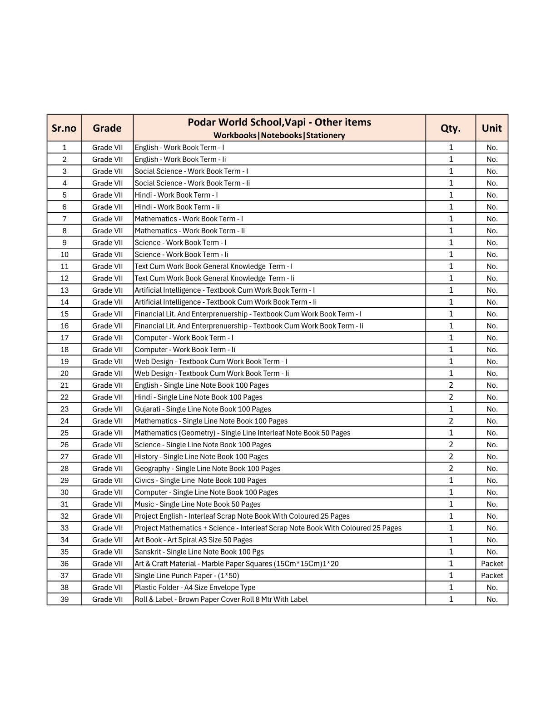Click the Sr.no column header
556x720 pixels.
(64, 128)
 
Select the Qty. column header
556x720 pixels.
(450, 128)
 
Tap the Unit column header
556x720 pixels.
(491, 128)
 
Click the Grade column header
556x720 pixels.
(107, 128)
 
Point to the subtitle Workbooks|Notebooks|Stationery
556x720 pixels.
(279, 135)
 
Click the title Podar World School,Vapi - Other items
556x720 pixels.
(279, 122)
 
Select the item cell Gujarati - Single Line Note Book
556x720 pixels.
(203, 409)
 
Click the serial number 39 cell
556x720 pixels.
(64, 599)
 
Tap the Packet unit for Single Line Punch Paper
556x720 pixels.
(492, 575)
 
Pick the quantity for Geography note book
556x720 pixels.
(451, 468)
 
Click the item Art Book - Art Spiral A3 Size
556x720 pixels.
(194, 540)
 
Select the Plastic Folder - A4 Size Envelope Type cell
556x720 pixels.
(195, 587)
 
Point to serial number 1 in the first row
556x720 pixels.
(64, 147)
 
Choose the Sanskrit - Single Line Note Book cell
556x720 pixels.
(199, 552)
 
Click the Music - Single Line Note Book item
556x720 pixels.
(198, 504)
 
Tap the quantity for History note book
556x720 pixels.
(451, 456)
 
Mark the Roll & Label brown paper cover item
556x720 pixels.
(221, 599)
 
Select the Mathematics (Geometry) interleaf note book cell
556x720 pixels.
(243, 433)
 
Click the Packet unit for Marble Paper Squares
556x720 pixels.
(492, 564)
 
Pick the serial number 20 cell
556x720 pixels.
(64, 373)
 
